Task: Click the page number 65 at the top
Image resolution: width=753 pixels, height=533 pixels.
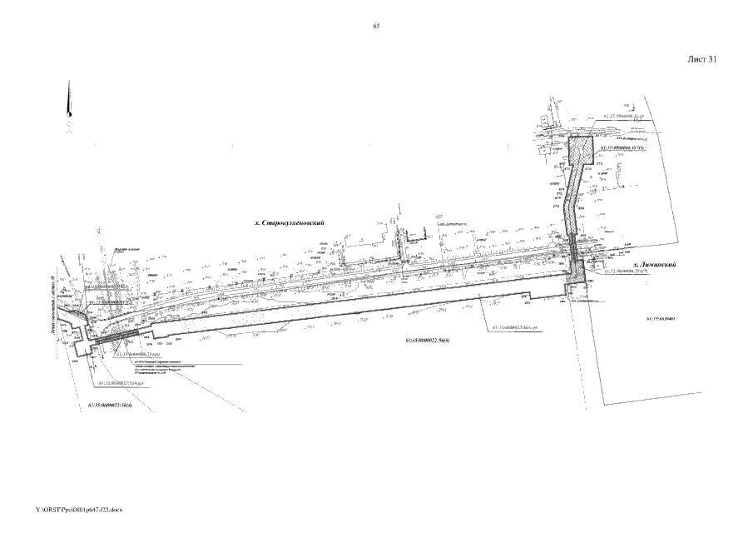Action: click(x=377, y=27)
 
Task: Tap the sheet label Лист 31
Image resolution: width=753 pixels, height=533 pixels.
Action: click(x=702, y=60)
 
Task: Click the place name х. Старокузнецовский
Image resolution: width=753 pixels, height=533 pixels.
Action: click(x=288, y=224)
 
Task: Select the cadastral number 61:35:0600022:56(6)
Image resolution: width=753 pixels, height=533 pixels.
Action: click(x=429, y=341)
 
